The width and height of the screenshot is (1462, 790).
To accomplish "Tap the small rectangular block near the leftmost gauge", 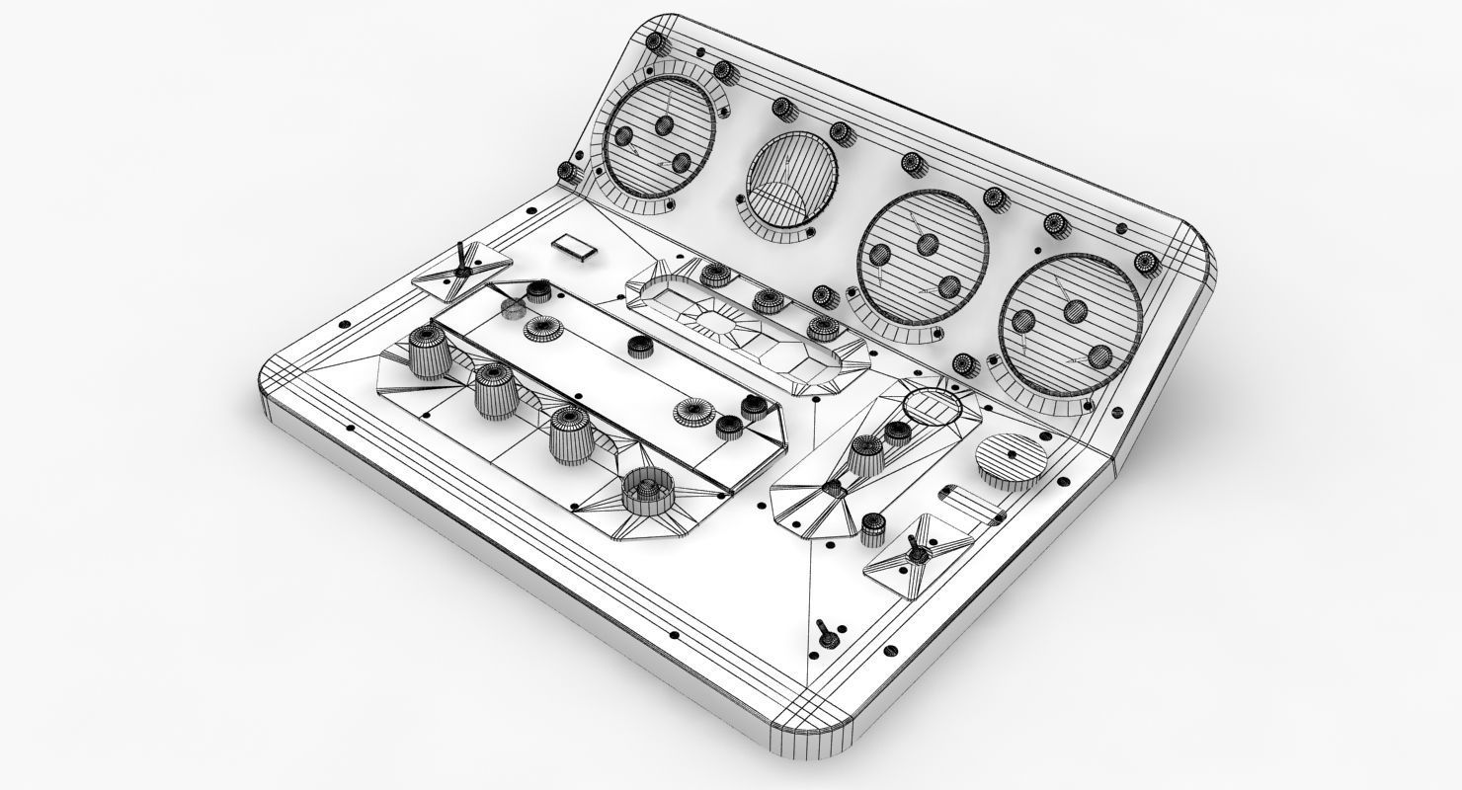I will click(575, 247).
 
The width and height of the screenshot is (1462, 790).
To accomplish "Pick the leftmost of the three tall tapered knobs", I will click(428, 353).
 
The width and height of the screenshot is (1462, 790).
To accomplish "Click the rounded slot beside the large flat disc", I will click(967, 500).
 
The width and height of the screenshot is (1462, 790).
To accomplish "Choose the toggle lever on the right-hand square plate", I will click(916, 553).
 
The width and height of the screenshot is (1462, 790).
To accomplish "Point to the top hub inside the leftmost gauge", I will click(663, 124).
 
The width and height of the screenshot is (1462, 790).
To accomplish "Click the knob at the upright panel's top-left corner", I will click(654, 40).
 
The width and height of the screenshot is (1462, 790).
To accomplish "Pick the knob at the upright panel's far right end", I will click(1146, 263).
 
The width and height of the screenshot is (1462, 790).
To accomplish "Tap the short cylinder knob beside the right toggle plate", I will click(873, 530).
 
